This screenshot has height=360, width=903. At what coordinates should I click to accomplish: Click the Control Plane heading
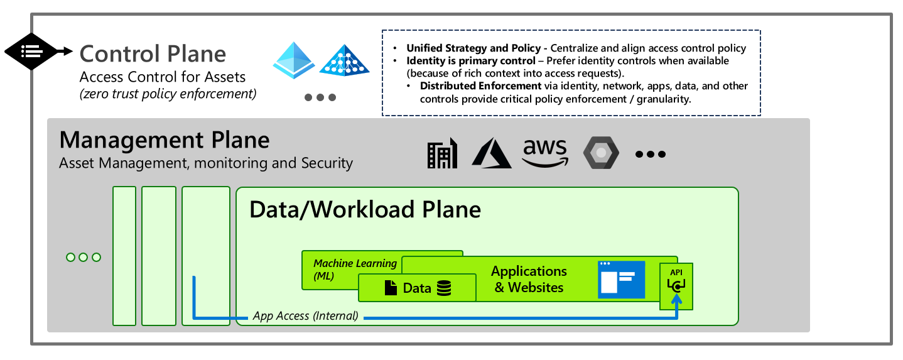[153, 53]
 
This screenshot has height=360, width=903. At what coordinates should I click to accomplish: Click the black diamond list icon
[31, 51]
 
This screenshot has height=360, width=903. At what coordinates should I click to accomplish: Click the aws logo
[544, 152]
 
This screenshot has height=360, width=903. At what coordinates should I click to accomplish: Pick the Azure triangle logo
[492, 153]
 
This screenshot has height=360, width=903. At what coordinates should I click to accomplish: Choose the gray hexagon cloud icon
[601, 153]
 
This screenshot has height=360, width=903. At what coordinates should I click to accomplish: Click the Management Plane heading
[165, 139]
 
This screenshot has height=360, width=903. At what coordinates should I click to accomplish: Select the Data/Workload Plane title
[365, 209]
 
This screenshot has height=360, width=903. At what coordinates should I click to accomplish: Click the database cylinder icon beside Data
[444, 288]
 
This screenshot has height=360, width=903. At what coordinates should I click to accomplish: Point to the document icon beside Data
[391, 288]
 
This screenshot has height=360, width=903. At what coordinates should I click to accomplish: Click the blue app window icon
[621, 279]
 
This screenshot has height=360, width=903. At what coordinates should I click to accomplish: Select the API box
[676, 285]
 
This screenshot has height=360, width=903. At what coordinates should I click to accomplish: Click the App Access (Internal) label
[305, 316]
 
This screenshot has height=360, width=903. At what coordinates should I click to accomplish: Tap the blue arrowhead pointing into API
[676, 300]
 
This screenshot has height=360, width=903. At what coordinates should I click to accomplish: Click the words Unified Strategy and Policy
[473, 48]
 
